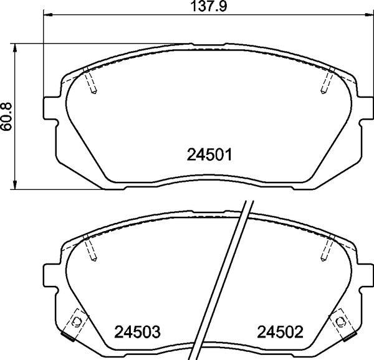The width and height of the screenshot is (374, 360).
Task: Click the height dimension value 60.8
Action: tap(7, 116)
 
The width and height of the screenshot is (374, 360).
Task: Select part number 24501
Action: tap(210, 154)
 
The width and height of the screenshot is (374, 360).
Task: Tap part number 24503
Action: tap(136, 331)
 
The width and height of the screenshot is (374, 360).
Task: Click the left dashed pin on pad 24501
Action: tap(90, 81)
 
